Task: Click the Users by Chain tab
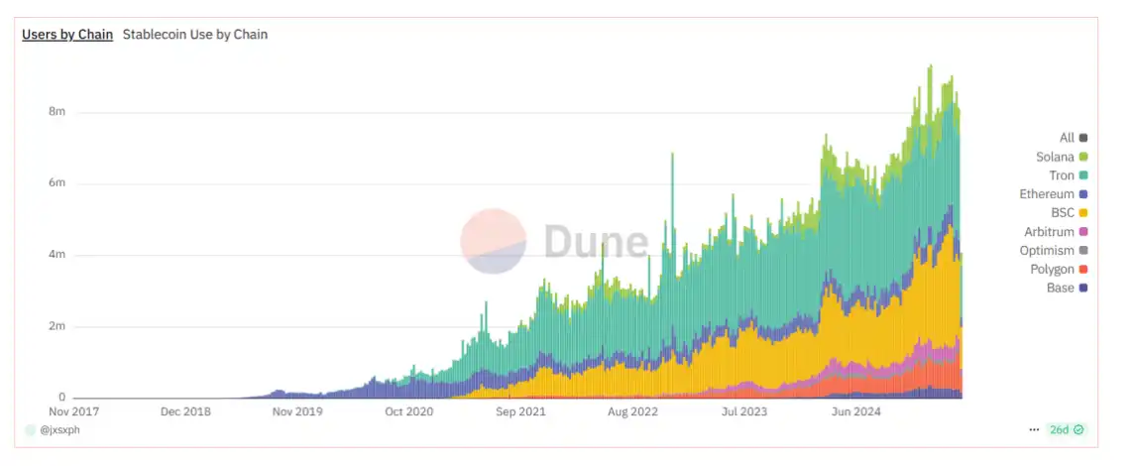pos(67,34)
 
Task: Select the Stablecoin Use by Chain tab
pos(195,34)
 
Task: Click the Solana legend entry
pos(1062,157)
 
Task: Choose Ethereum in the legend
pos(1054,194)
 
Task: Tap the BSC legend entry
pos(1069,213)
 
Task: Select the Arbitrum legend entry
pos(1056,232)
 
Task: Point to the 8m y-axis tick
pos(57,112)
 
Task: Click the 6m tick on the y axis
pos(57,183)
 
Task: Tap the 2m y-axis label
pos(57,326)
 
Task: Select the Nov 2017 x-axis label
pos(76,409)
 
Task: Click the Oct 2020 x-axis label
pos(408,409)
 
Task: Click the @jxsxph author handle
pos(59,430)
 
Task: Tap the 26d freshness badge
pos(1066,430)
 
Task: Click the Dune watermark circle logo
pos(494,241)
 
